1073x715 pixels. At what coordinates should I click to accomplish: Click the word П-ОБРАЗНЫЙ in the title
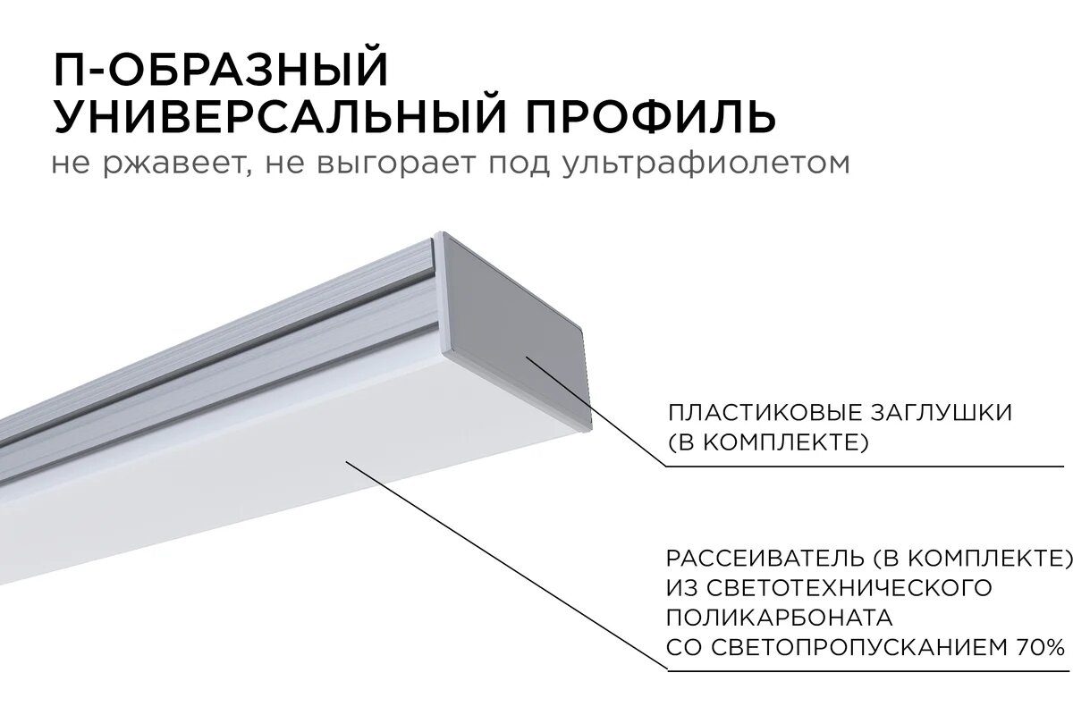[x=222, y=71]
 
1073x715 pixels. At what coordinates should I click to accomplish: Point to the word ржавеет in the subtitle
[x=180, y=165]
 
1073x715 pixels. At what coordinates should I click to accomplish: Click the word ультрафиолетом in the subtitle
[x=706, y=165]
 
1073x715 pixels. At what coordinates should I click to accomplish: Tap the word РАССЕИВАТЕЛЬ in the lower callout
[x=765, y=559]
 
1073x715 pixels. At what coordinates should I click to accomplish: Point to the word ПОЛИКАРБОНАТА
[x=779, y=618]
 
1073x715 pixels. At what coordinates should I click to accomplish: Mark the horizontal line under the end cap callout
[x=867, y=466]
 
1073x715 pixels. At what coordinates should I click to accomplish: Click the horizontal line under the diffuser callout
[x=867, y=669]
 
